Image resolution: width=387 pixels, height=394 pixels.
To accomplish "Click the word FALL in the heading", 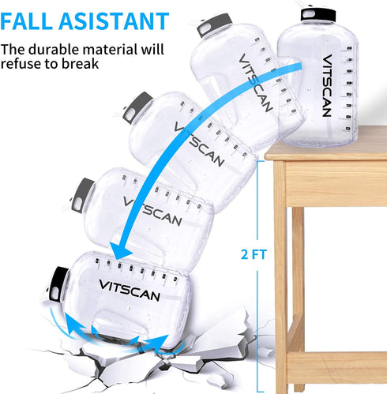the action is (x=27, y=21).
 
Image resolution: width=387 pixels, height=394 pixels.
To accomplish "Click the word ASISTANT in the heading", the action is (x=114, y=21).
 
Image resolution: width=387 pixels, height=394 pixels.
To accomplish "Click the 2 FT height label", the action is (x=254, y=254).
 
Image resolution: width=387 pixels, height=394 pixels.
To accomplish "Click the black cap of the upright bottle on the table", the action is (x=318, y=15).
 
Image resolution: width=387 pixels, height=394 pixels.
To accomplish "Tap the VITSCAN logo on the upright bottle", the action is (x=327, y=85).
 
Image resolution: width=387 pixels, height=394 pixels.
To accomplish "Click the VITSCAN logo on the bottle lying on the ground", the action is (x=130, y=290).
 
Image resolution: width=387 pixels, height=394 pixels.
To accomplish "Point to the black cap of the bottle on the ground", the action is (x=58, y=284).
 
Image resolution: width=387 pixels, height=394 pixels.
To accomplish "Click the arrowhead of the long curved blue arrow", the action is (x=119, y=250).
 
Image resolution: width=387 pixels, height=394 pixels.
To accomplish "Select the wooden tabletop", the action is (x=326, y=144).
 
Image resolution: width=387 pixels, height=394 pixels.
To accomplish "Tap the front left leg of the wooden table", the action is (x=280, y=276).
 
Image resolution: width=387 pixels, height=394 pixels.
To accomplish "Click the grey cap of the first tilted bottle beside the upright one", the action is (x=214, y=24).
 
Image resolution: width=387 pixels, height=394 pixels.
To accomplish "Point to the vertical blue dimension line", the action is (x=257, y=276).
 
